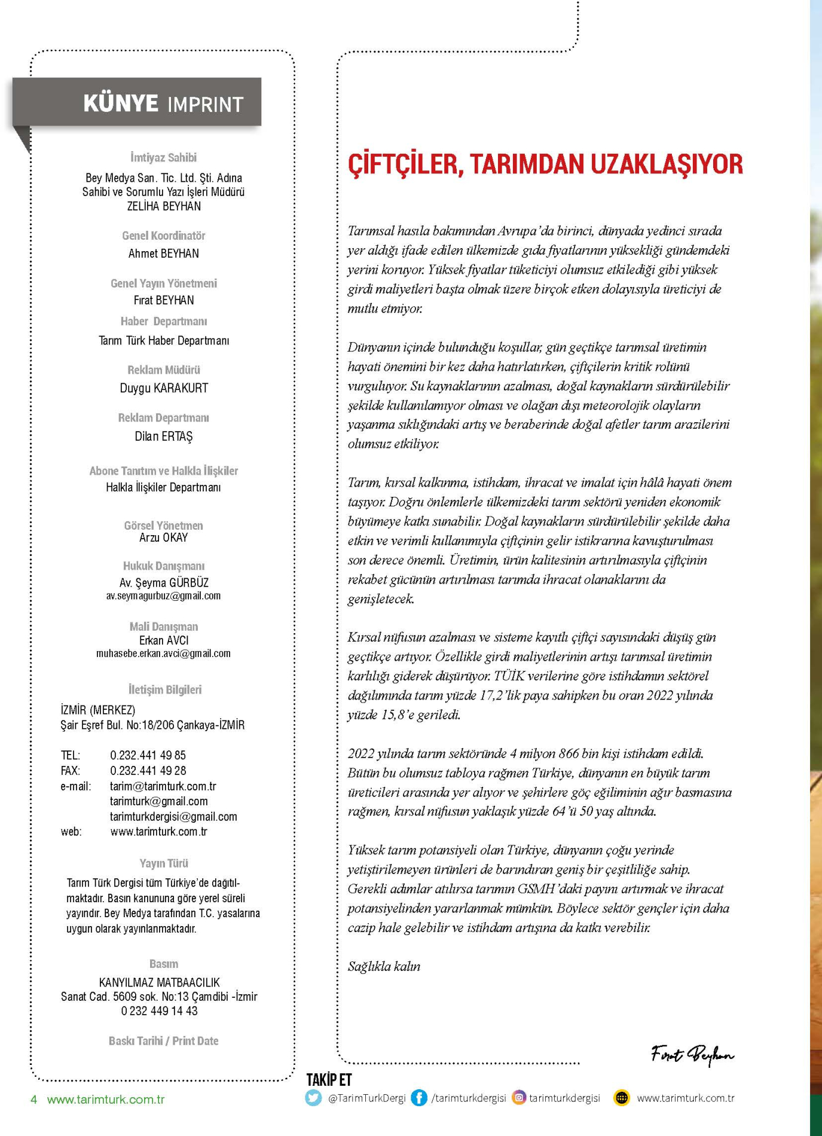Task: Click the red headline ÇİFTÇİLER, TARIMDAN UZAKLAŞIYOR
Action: pos(545,164)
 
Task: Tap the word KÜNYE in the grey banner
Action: pos(121,103)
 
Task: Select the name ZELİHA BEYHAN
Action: pos(164,206)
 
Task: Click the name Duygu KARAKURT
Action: pos(164,388)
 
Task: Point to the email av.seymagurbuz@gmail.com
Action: pos(163,596)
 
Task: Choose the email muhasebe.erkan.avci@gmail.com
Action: pos(163,653)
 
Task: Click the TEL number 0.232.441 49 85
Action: pos(148,755)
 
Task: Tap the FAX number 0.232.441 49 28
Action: pos(148,771)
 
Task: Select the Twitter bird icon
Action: pos(313,1098)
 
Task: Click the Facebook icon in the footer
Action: pos(419,1098)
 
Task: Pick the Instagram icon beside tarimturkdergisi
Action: pos(520,1098)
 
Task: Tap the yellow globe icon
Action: pos(622,1098)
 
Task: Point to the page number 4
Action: pos(34,1100)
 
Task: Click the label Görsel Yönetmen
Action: pos(163,526)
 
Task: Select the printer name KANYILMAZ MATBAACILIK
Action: pos(159,982)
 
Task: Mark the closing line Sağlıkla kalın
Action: pos(384,966)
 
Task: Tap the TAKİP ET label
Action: pos(329,1080)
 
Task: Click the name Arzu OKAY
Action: pos(163,538)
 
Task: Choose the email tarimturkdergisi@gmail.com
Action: pos(173,817)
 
